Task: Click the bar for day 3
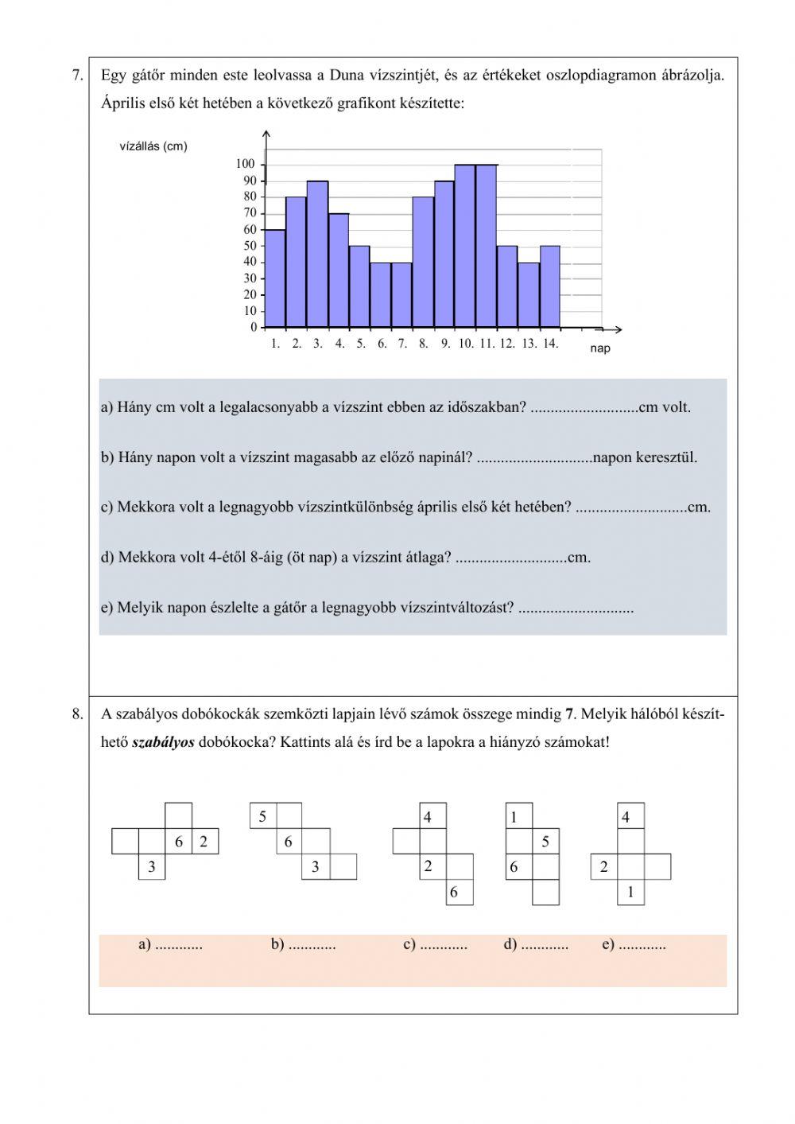317,255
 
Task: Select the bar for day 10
465,247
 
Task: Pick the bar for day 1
275,278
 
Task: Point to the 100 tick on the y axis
246,164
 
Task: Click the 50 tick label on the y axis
250,246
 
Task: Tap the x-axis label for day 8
423,344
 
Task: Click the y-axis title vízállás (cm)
153,146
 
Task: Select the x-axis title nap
600,348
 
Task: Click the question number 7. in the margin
77,76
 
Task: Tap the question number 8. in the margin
77,714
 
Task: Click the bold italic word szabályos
163,742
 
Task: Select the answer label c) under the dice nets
410,945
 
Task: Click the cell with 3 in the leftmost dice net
152,867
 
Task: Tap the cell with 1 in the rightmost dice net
630,893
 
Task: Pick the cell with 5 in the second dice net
262,816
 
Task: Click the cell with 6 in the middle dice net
454,893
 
